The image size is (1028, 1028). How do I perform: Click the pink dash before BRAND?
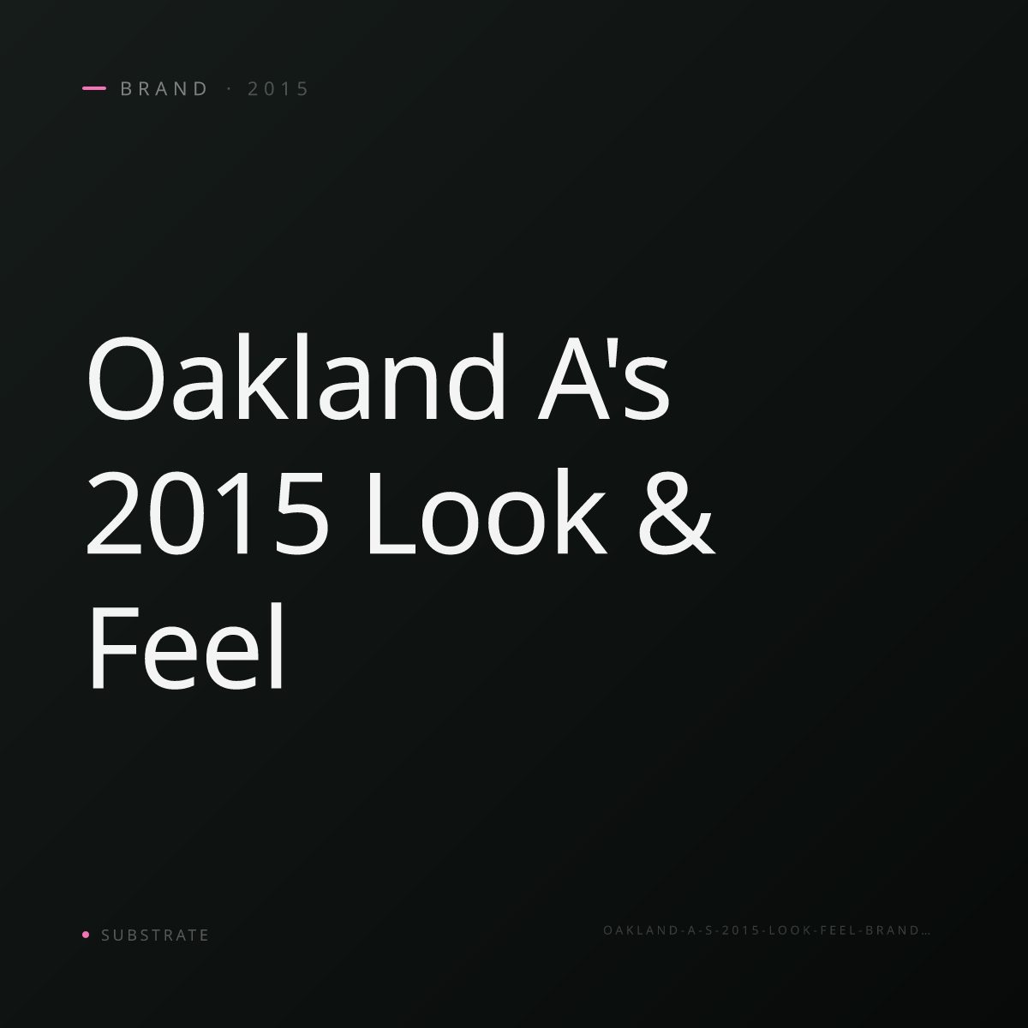[94, 88]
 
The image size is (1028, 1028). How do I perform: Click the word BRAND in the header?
[164, 88]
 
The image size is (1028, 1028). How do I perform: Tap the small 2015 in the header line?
[278, 88]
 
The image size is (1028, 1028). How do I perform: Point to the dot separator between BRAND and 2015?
[230, 88]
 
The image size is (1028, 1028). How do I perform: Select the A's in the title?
[603, 377]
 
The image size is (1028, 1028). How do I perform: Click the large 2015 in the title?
[206, 513]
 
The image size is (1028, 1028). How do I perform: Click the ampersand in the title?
[677, 513]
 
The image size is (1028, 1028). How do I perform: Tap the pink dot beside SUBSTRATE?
[86, 934]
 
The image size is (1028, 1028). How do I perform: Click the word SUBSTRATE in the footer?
[155, 935]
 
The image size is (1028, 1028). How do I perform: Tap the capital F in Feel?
[115, 647]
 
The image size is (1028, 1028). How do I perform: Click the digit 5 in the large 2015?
[302, 514]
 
